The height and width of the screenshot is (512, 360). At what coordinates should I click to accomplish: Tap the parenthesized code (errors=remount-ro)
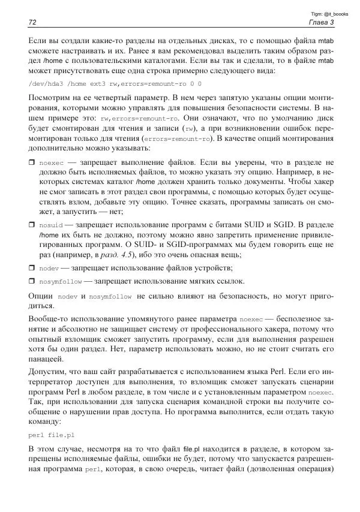[x=178, y=139]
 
